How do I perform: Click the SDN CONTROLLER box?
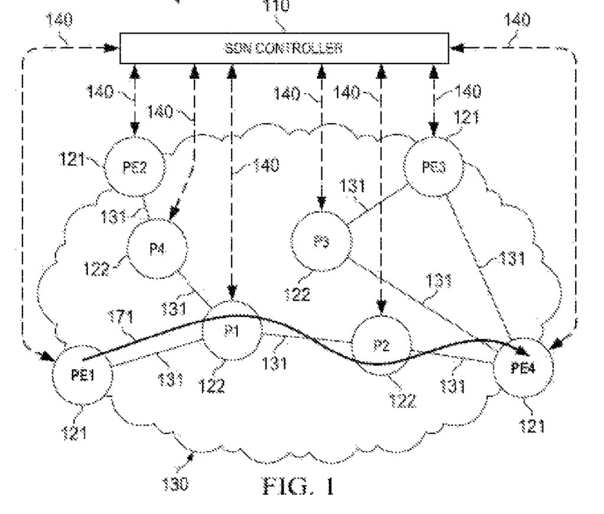click(283, 48)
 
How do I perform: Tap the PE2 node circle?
click(133, 167)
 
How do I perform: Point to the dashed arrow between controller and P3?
click(322, 136)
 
